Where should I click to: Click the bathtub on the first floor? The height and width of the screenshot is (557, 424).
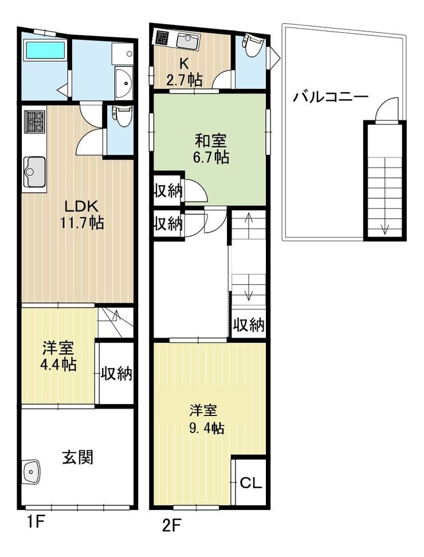click(x=45, y=50)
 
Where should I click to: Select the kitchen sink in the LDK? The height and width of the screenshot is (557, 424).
click(x=34, y=172)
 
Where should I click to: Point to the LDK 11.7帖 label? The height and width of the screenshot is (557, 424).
click(x=82, y=214)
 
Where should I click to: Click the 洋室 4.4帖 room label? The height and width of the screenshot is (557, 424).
click(x=58, y=356)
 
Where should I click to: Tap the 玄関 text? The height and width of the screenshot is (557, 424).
click(x=78, y=457)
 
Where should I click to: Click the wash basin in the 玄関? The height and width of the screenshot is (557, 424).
click(x=32, y=472)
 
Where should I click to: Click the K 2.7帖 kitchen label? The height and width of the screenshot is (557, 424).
click(x=184, y=72)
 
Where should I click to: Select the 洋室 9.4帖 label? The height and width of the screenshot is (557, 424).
click(x=207, y=419)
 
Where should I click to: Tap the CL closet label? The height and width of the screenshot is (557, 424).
click(x=251, y=483)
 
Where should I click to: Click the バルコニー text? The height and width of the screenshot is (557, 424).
click(x=330, y=97)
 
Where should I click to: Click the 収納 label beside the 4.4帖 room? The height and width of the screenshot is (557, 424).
click(x=116, y=374)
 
